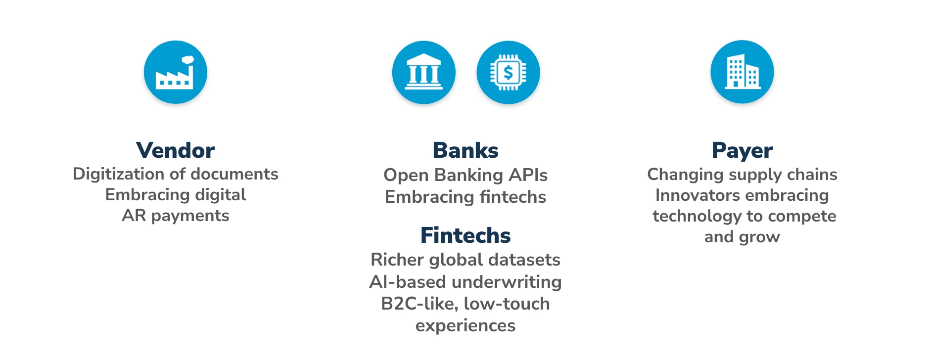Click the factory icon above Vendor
175,72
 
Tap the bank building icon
423,72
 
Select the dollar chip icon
508,72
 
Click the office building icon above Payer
742,72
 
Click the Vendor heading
175,150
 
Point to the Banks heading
465,150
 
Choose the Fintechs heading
465,235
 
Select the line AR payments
176,216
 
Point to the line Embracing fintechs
465,197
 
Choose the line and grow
742,237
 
